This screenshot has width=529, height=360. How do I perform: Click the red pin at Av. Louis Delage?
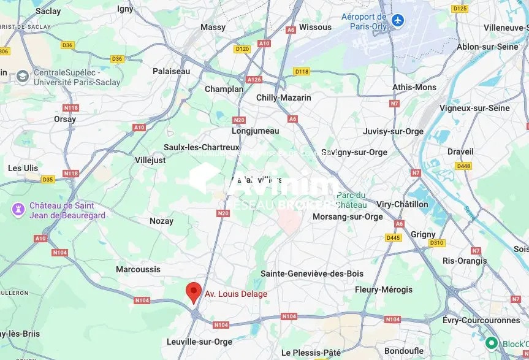tap(194, 291)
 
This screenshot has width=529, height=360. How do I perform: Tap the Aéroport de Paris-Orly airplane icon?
tap(399, 20)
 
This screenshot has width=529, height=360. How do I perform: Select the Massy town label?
tap(213, 27)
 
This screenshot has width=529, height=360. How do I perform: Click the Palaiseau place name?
tap(171, 71)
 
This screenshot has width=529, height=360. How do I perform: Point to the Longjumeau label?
tap(255, 131)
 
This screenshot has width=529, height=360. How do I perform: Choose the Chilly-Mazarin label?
tap(283, 98)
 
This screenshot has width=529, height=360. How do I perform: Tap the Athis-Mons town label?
tap(414, 87)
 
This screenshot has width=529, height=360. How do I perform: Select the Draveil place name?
tap(460, 151)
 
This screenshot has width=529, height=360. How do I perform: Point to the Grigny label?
tap(423, 234)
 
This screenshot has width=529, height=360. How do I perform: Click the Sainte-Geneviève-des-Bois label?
tap(312, 274)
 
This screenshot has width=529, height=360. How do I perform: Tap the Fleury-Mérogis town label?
tap(384, 289)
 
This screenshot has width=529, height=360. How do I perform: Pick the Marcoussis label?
tap(138, 269)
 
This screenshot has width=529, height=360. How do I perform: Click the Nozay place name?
tap(162, 221)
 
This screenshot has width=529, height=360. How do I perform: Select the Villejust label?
tap(150, 160)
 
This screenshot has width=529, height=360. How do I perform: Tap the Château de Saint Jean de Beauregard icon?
tap(18, 210)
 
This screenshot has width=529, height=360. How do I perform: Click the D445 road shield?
tap(393, 237)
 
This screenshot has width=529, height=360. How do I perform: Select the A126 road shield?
tap(254, 80)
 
